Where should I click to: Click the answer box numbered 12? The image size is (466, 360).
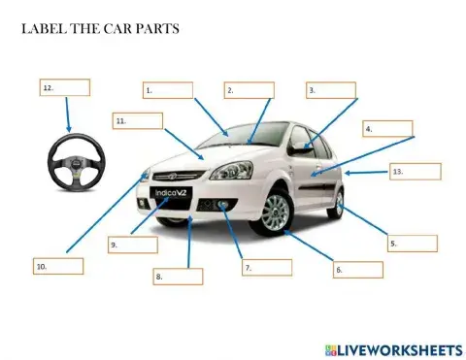(x=64, y=87)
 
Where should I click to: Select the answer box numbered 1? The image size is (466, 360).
(x=167, y=90)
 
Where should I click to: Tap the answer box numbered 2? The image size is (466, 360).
(x=249, y=90)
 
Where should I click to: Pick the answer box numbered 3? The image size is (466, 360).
(x=331, y=90)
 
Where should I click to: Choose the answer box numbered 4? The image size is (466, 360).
(x=387, y=128)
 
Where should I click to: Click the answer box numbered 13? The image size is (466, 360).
(x=416, y=172)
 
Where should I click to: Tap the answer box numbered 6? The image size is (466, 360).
(x=357, y=269)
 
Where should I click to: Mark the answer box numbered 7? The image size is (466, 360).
(x=267, y=267)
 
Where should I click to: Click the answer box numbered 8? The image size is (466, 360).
(x=178, y=277)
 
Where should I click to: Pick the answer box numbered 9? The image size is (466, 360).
(x=132, y=245)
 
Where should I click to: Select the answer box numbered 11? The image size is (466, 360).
(x=136, y=121)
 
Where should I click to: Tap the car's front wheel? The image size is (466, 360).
(x=275, y=213)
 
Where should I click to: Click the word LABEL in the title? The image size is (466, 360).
(x=41, y=28)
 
